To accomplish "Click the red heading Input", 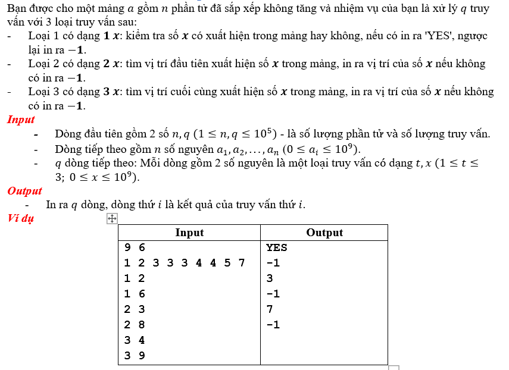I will coord(21,120).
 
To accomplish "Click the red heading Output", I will coord(24,192).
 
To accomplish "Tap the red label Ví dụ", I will coord(21,218).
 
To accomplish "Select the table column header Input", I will coord(189,233).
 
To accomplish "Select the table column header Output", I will coord(324,233).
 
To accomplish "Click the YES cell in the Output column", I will coord(277,247).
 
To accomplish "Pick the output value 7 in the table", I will coord(270,309).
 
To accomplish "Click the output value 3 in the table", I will coord(270,278).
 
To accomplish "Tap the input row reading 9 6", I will coord(135,247).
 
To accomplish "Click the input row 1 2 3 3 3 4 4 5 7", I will coord(185,263).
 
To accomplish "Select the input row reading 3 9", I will coord(135,356).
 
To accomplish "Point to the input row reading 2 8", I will coord(135,325).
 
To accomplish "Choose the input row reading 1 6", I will coord(135,294).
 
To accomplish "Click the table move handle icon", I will coord(111,219).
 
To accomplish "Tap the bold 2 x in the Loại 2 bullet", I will coord(110,64).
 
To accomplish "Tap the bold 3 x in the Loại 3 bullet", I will coord(110,92).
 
